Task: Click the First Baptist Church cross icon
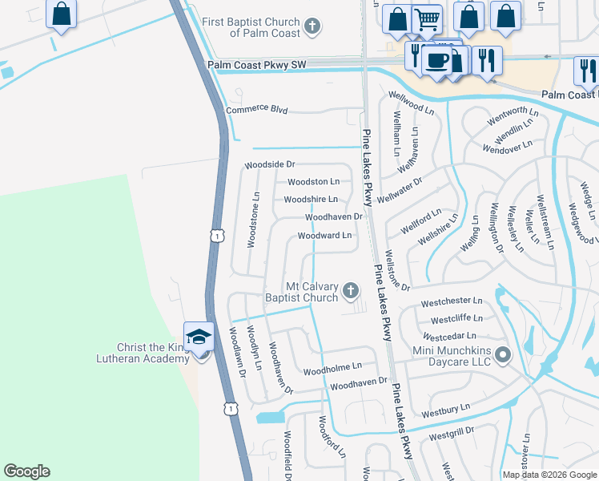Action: (313, 27)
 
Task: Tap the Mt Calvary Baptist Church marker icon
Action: (350, 291)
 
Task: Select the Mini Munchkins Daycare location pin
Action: (502, 354)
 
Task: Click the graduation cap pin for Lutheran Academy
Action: (198, 338)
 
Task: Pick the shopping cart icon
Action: (428, 18)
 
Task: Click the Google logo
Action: (26, 471)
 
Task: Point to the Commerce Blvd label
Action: (256, 110)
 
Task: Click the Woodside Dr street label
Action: (270, 165)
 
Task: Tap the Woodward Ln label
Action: (324, 236)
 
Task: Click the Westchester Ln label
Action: (452, 301)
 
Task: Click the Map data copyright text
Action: (549, 475)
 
